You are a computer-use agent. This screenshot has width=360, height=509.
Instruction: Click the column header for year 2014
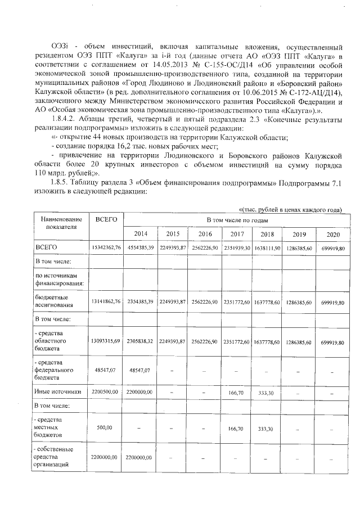pyautogui.click(x=139, y=234)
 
